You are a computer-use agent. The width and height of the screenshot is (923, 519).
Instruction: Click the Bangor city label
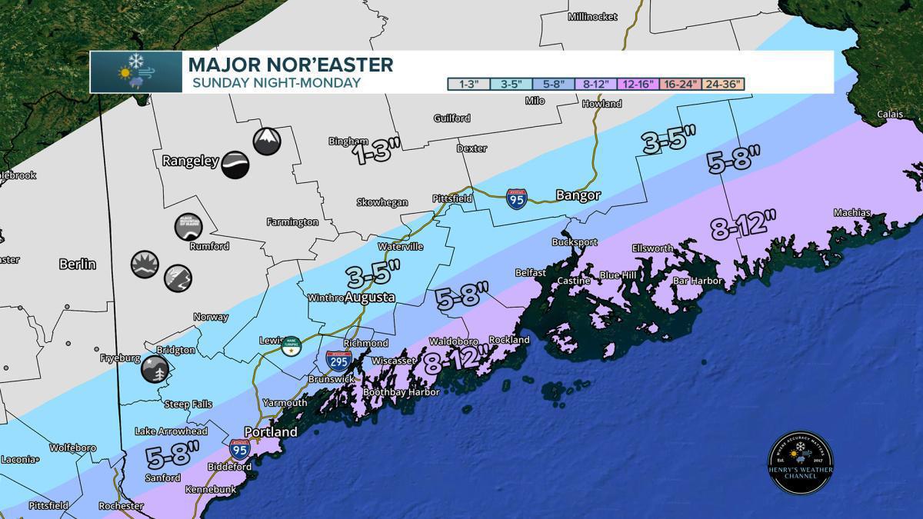point(578,195)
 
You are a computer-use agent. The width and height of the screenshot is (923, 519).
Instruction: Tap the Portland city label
point(270,432)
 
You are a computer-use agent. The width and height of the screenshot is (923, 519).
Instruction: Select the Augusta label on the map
point(369,297)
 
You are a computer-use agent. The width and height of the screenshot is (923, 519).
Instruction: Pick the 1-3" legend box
point(468,84)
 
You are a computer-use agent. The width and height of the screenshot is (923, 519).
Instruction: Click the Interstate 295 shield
point(338,360)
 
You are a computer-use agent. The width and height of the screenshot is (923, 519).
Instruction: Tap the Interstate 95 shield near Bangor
point(516,198)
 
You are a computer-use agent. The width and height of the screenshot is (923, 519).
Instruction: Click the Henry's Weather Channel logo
point(801,462)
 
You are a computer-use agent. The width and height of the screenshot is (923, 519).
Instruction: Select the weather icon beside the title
point(136,72)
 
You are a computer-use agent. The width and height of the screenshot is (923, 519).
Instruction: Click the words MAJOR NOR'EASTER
point(290,64)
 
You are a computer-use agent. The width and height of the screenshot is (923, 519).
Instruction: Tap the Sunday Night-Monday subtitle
point(275,82)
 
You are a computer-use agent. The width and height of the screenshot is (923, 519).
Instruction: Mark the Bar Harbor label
point(698,281)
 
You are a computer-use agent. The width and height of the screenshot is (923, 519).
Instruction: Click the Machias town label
point(852,213)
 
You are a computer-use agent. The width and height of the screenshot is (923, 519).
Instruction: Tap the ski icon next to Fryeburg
point(155,369)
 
